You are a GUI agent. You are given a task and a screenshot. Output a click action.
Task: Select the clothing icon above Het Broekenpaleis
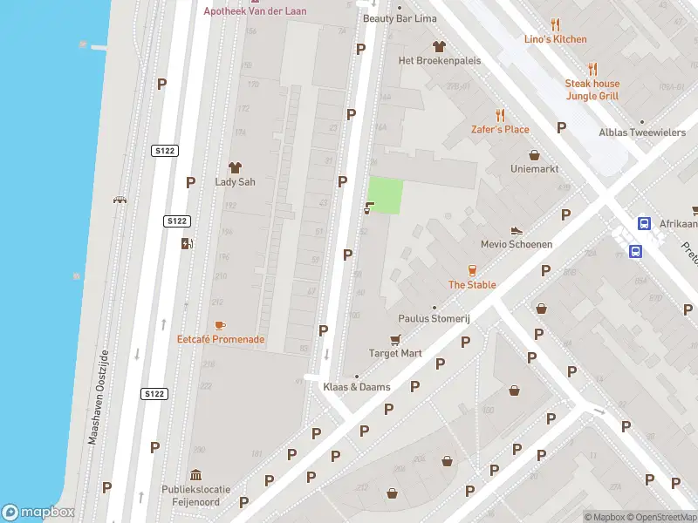click(x=439, y=46)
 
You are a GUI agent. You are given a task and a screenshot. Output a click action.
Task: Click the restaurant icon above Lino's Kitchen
click(x=556, y=25)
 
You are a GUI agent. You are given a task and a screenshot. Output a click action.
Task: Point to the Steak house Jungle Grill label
click(x=592, y=90)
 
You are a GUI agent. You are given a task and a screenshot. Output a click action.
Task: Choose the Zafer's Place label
click(x=500, y=129)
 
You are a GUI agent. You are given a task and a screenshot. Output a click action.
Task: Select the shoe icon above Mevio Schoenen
click(x=517, y=230)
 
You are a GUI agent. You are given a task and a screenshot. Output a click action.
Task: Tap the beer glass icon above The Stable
click(x=472, y=270)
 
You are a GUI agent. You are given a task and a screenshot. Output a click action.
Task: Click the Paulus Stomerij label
click(x=435, y=319)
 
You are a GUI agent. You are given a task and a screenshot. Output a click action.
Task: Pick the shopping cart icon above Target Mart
click(x=395, y=339)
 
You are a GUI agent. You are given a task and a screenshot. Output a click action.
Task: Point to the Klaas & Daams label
click(x=357, y=387)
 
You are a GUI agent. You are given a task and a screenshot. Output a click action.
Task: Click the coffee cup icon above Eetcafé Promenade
click(x=220, y=325)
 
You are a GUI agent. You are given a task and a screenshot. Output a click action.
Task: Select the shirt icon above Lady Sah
click(x=234, y=167)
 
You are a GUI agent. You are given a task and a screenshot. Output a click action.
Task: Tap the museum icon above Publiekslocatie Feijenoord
click(x=195, y=475)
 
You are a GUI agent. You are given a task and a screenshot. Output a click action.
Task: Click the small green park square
click(x=386, y=195)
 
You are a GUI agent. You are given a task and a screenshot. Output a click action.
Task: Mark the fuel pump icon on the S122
click(x=186, y=243)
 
